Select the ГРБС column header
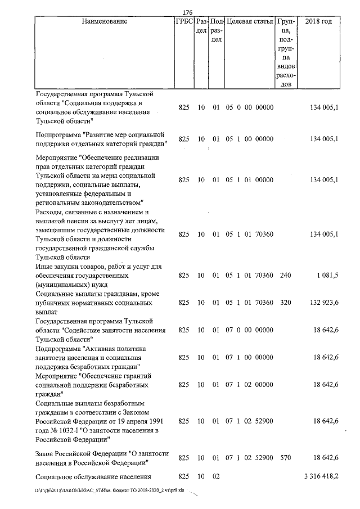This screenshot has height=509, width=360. (x=184, y=21)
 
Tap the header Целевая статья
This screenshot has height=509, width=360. (x=249, y=21)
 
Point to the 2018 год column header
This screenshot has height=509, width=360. (x=318, y=21)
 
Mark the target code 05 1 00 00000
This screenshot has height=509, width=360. (x=249, y=139)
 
